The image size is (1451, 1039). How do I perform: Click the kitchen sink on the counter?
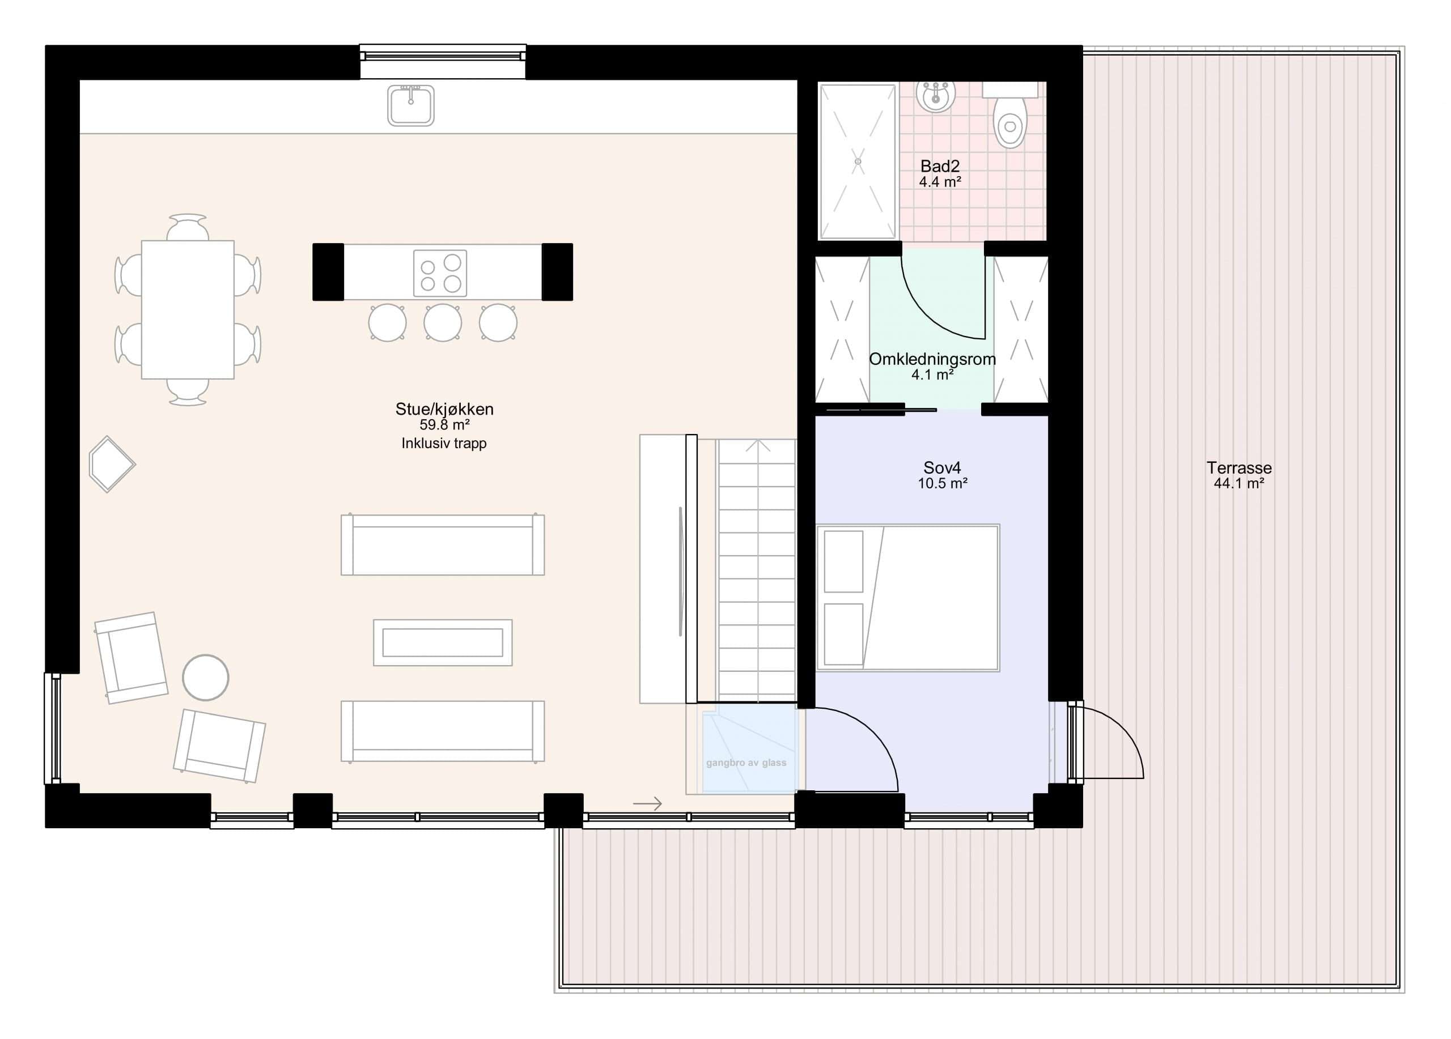coord(411,105)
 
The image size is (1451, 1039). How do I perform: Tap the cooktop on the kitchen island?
coord(440,273)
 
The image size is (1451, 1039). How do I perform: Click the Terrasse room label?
coord(1238,467)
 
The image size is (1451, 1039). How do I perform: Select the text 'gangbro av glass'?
coord(746,763)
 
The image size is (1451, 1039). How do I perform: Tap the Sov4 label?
coord(942,467)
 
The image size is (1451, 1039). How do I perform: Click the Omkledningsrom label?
coord(932,359)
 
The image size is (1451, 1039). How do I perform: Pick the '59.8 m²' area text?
coord(444,424)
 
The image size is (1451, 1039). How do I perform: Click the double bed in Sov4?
coord(908,598)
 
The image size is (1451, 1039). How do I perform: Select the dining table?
coord(188,309)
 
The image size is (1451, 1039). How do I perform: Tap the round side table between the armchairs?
coord(205,677)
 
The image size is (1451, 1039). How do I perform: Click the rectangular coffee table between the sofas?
coord(443,642)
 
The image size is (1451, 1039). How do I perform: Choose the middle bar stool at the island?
coord(443,322)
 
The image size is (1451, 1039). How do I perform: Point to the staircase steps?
coord(757,569)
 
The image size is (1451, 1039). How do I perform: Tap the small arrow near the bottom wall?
coord(647,804)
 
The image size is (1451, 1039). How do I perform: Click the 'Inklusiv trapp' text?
coord(444,443)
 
